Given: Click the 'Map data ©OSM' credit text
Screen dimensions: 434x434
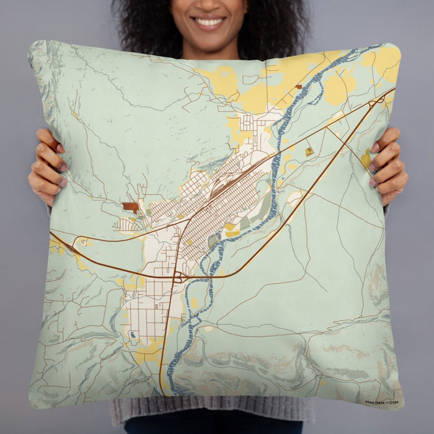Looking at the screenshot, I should pos(382,402).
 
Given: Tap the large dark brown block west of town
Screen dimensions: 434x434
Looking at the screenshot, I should pos(130,207).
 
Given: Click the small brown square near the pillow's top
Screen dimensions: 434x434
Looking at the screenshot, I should pos(299,87).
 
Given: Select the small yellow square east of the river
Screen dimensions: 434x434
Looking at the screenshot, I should pos(309,151).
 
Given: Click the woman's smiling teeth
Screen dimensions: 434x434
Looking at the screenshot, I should pos(210,22).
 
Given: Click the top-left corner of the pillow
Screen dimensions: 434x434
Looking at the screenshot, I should pos(31,44).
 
